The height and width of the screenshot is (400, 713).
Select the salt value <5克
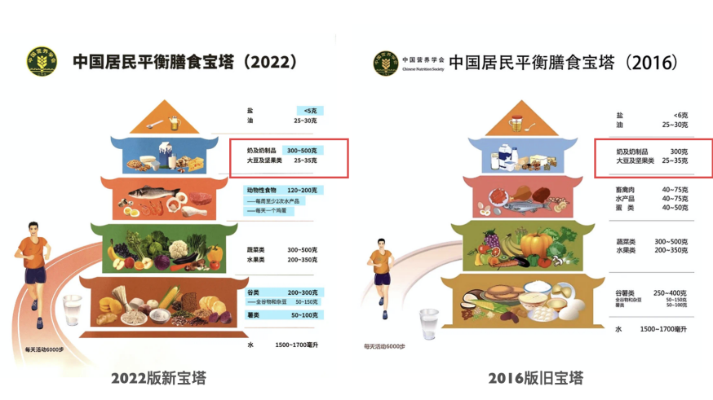tap(308, 110)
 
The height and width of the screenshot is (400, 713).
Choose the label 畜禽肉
tap(627, 190)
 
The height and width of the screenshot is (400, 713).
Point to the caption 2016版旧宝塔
tap(536, 378)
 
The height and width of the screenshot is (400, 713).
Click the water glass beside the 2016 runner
tap(427, 322)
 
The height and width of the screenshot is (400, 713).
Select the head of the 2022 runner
tap(33, 228)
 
